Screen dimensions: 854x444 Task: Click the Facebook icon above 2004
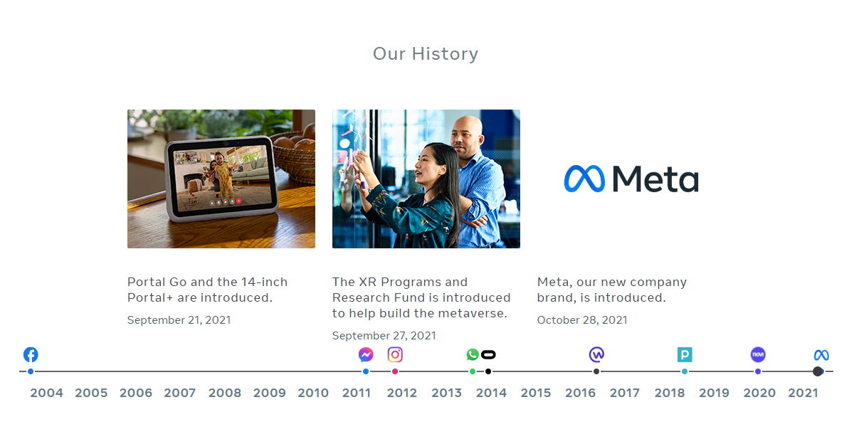31,354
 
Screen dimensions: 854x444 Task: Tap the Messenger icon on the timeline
366,354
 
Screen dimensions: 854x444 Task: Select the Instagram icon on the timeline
395,354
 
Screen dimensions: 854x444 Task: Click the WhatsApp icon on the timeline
473,354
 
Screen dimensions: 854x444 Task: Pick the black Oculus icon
488,355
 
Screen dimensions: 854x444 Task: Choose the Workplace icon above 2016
596,354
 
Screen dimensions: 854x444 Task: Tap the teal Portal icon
685,354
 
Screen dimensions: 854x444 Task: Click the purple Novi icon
758,354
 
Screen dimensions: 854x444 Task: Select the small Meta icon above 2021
821,355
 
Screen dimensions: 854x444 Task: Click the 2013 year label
446,393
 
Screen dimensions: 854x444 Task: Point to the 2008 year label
225,393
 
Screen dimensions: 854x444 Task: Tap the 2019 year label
714,393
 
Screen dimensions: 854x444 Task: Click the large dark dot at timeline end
818,371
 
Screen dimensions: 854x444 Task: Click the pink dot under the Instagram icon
395,371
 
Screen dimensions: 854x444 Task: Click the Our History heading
426,54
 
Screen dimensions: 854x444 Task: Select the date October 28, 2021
582,319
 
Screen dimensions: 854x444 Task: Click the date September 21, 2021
179,319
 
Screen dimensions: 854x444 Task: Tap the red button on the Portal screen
239,201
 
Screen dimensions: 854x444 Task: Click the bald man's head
466,134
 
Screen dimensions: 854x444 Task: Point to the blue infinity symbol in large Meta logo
584,179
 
